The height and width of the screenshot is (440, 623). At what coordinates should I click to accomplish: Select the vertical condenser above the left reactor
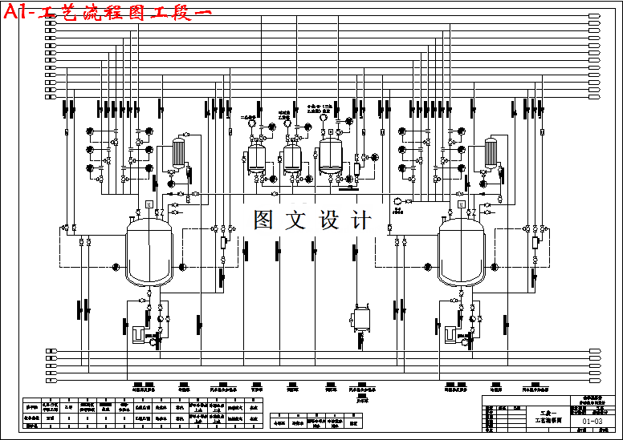click(x=178, y=152)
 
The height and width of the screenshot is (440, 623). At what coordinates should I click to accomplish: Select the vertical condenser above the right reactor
click(x=491, y=152)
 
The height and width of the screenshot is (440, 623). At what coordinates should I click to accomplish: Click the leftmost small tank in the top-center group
click(x=257, y=157)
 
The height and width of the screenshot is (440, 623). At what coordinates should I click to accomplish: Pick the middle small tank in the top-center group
click(x=292, y=157)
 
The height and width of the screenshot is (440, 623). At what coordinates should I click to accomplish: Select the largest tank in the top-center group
click(x=331, y=155)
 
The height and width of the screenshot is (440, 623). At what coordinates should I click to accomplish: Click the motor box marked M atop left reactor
click(x=149, y=204)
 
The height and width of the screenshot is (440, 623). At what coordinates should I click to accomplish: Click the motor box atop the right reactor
click(x=461, y=204)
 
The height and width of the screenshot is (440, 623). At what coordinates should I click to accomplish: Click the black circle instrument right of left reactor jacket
click(x=183, y=266)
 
